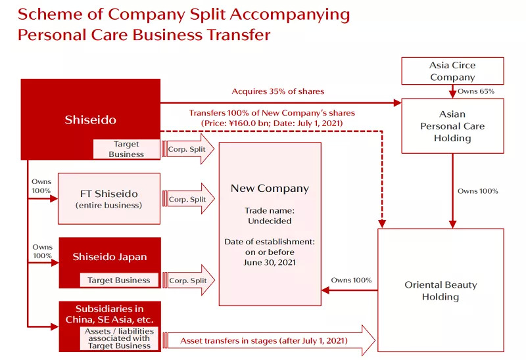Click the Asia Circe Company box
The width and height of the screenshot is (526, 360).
click(x=452, y=71)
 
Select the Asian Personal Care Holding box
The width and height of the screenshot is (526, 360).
click(x=452, y=125)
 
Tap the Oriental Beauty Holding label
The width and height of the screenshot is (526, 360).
click(x=441, y=290)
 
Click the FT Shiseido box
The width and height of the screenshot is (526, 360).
click(x=109, y=198)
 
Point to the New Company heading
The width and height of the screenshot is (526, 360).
click(x=270, y=189)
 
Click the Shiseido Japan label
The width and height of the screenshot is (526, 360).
click(x=110, y=257)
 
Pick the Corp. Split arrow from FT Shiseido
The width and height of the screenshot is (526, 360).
click(x=188, y=199)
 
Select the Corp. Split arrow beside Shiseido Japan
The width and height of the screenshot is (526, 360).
click(x=188, y=281)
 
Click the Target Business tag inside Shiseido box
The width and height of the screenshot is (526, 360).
click(x=126, y=149)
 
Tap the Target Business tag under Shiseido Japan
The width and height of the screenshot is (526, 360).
click(x=119, y=281)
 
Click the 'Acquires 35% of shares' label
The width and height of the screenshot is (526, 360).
click(x=277, y=91)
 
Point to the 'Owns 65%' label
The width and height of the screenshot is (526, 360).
click(x=475, y=91)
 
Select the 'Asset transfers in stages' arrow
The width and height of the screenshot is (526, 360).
click(x=269, y=340)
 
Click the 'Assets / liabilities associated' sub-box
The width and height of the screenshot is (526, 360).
click(x=119, y=338)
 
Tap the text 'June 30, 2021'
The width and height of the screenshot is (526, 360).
click(x=270, y=262)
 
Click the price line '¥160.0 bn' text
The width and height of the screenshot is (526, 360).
click(x=249, y=123)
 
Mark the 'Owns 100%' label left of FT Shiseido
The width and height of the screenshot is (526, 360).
click(x=41, y=186)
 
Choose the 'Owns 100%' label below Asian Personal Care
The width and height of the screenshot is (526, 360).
click(x=478, y=191)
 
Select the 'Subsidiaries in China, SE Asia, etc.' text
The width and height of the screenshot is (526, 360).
click(x=109, y=314)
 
